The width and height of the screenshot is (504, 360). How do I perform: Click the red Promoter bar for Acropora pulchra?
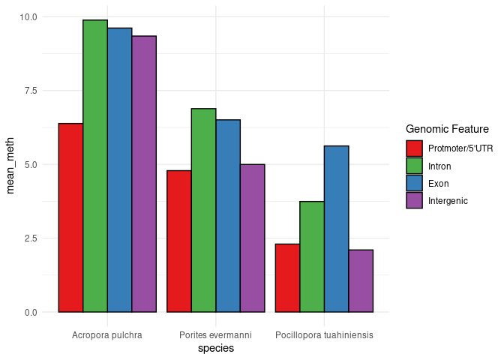point(70,217)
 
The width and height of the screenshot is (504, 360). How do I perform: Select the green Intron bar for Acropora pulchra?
point(95,166)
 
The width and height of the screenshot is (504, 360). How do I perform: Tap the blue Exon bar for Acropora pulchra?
point(119,169)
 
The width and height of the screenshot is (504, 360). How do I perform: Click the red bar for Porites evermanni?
point(179,241)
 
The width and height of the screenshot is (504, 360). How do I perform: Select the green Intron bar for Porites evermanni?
point(203,210)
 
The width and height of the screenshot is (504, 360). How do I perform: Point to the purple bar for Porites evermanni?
point(252,238)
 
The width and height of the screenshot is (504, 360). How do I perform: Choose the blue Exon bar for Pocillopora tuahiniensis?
point(336,229)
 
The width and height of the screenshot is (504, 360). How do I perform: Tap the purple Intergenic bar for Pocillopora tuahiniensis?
point(361,280)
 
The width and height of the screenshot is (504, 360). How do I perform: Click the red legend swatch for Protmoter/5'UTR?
point(415,148)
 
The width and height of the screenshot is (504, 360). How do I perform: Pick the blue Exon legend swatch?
point(415,183)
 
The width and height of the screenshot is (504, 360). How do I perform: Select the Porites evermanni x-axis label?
point(216,334)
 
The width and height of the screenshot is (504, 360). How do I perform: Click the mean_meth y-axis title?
point(10,163)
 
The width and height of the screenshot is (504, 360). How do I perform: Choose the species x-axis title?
point(216,349)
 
